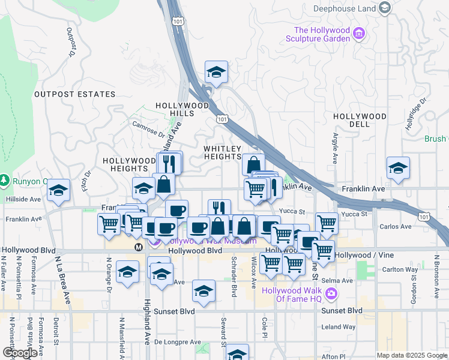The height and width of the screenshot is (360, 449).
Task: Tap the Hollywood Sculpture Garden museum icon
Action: click(360, 33)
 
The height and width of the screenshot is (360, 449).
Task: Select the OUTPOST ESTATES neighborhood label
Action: click(74, 94)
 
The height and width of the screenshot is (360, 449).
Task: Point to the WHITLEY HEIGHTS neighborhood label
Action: click(222, 152)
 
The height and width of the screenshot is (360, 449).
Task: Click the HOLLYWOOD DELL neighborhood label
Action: click(360, 120)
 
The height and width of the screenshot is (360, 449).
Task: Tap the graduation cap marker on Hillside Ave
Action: click(58, 190)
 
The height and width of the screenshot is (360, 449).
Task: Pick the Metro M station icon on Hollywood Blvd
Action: click(139, 246)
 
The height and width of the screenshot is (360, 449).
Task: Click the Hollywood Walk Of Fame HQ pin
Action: click(331, 293)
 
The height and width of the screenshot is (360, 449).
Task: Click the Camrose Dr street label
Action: click(148, 128)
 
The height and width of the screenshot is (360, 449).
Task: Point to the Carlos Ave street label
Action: click(396, 226)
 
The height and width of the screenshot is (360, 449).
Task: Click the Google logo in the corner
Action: click(20, 353)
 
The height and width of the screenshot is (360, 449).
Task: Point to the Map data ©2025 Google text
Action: click(411, 355)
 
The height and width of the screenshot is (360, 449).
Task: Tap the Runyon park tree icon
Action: click(5, 180)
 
